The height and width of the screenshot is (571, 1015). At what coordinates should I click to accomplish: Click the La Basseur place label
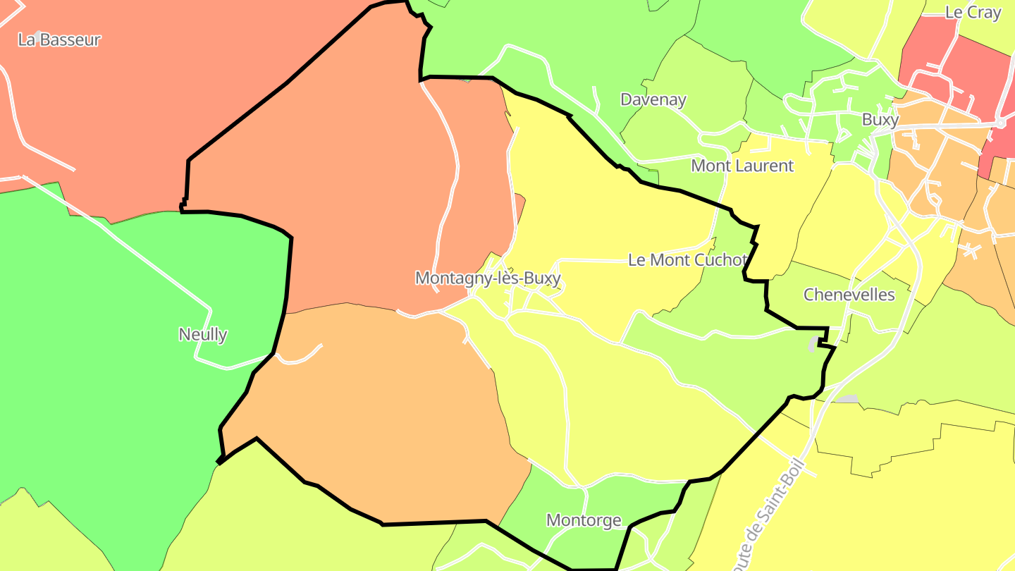pyautogui.click(x=59, y=40)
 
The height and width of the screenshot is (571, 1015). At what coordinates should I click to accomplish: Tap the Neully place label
pyautogui.click(x=203, y=334)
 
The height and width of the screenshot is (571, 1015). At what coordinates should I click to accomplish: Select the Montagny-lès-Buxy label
pyautogui.click(x=488, y=278)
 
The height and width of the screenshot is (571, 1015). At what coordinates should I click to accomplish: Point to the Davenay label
pyautogui.click(x=653, y=99)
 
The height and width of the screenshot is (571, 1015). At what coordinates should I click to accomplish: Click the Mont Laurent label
pyautogui.click(x=742, y=166)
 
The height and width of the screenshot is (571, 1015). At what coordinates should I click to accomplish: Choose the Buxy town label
pyautogui.click(x=880, y=120)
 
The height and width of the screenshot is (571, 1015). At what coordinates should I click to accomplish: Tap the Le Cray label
pyautogui.click(x=973, y=13)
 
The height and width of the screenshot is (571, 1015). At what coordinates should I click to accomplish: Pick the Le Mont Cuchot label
pyautogui.click(x=687, y=260)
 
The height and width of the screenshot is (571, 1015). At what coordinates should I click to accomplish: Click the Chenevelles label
pyautogui.click(x=849, y=295)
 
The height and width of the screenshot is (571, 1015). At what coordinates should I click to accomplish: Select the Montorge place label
pyautogui.click(x=584, y=520)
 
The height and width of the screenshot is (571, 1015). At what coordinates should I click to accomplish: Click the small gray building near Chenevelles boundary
pyautogui.click(x=814, y=345)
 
